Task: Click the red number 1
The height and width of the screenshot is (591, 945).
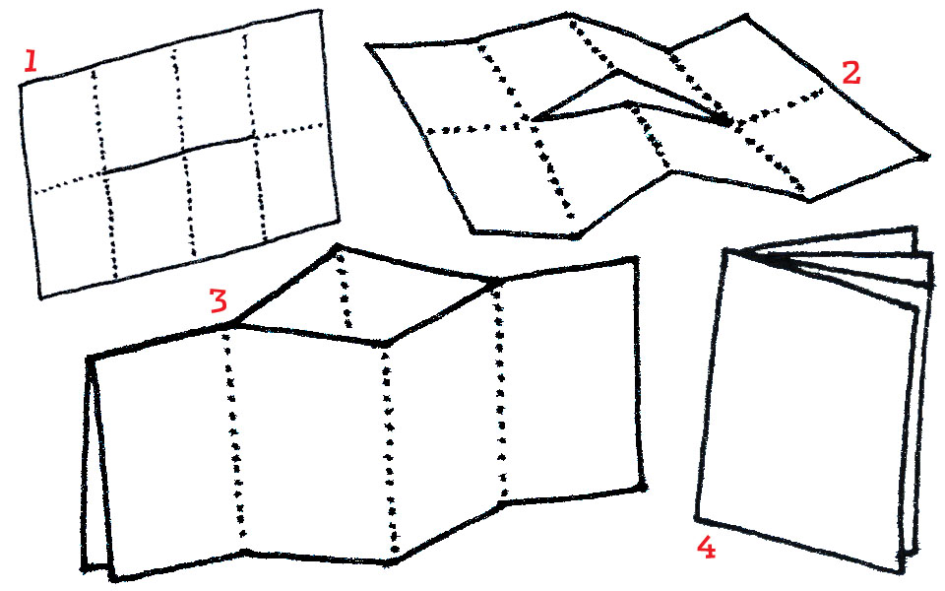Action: point(31,61)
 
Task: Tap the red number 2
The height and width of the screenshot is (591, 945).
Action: point(850,73)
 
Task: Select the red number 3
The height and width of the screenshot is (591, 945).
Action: point(219,300)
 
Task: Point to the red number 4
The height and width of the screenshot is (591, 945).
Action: point(707,549)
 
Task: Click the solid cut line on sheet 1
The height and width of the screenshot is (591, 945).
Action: point(179,156)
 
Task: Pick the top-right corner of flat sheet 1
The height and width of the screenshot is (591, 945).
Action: point(319,11)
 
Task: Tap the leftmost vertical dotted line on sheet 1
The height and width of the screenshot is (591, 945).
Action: point(103,175)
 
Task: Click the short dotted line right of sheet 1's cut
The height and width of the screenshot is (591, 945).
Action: point(289,131)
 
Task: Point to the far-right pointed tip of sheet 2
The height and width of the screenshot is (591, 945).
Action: point(926,157)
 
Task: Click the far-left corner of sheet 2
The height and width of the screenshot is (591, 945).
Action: point(367,44)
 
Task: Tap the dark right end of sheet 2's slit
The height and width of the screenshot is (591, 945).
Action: point(726,121)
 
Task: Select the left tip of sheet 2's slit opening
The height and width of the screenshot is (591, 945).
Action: point(534,120)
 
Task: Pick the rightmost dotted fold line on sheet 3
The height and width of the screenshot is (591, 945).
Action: point(500,392)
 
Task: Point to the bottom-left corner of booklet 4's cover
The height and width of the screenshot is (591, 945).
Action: point(697,518)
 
